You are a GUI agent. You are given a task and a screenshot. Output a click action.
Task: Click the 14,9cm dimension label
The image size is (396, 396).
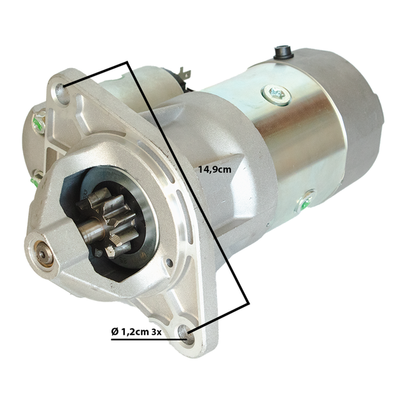(214, 169)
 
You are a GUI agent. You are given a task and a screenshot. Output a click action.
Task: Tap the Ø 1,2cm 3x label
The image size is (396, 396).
(137, 331)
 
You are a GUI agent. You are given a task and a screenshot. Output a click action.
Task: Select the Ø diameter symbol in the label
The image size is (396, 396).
(115, 331)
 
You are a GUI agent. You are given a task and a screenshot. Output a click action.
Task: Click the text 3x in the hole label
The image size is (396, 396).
(156, 331)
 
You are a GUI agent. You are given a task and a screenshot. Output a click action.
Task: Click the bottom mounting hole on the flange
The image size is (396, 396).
(187, 335)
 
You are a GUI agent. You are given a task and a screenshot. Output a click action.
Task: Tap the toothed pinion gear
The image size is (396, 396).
(109, 222)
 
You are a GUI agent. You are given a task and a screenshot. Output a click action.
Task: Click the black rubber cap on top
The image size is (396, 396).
(282, 52)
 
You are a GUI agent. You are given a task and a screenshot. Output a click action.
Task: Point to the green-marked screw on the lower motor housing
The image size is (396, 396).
(306, 201)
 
